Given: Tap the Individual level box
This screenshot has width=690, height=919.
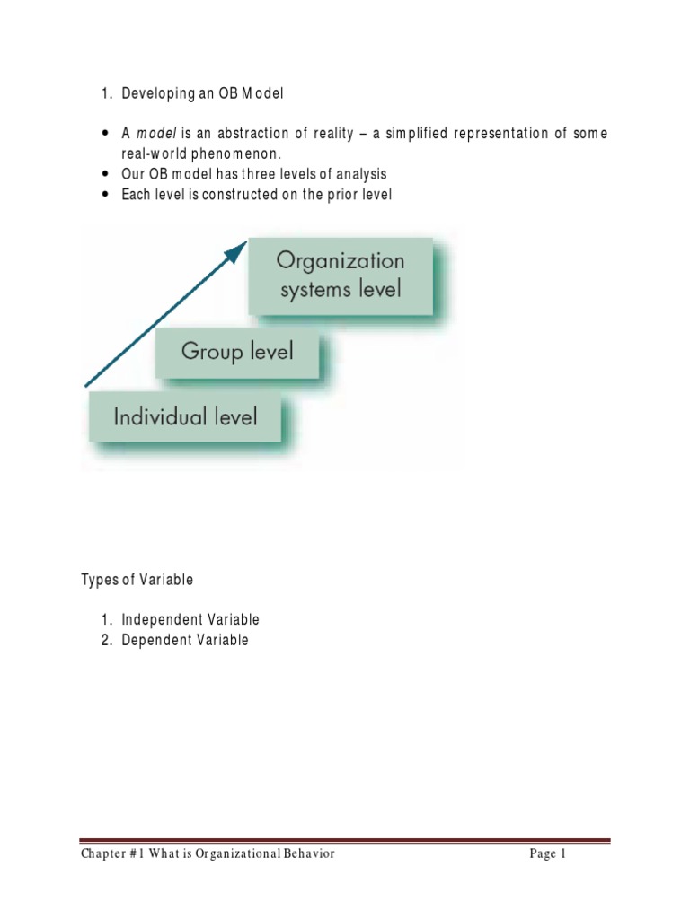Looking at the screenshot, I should click(185, 416).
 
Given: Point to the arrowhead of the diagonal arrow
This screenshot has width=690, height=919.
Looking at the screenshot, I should click(237, 249).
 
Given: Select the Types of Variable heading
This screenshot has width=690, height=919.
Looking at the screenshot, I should click(137, 580).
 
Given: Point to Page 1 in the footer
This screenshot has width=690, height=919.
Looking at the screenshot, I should click(548, 854).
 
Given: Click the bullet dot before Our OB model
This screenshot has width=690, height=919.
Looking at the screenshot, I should click(107, 174).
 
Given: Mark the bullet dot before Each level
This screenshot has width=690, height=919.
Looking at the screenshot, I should click(107, 195).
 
